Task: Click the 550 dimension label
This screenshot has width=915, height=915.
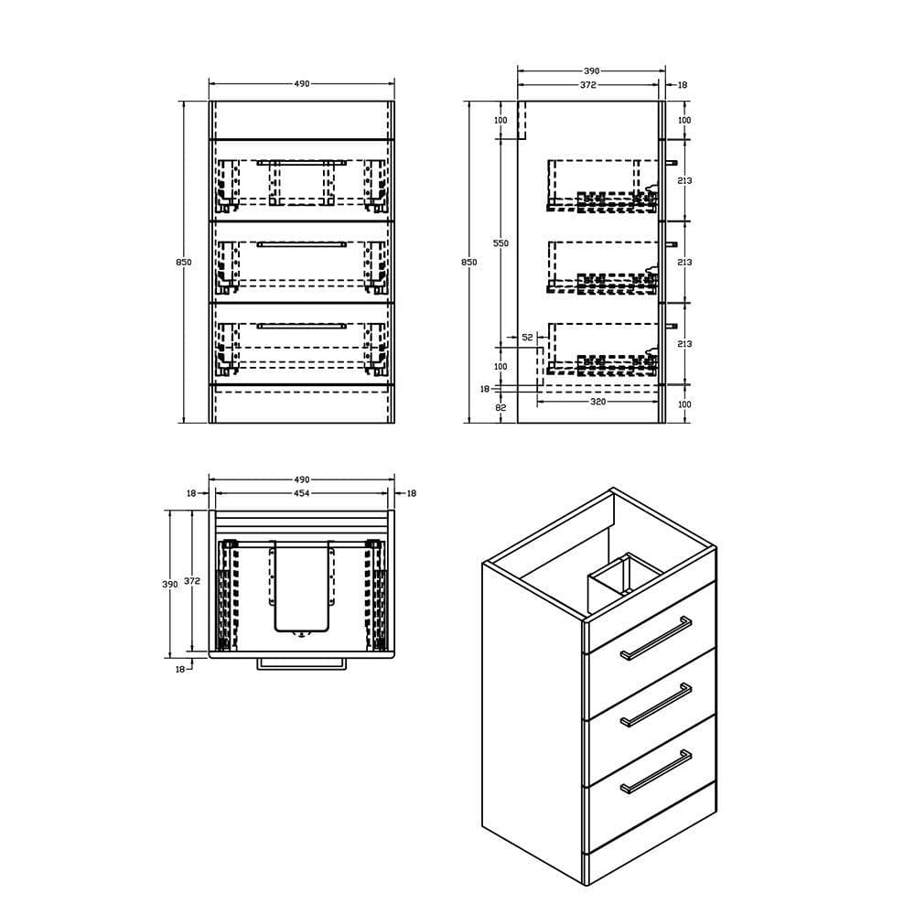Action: pyautogui.click(x=500, y=243)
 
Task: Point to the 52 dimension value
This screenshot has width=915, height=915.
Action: pyautogui.click(x=528, y=338)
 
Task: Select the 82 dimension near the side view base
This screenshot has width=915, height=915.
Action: pyautogui.click(x=501, y=407)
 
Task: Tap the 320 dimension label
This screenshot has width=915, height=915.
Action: pyautogui.click(x=597, y=402)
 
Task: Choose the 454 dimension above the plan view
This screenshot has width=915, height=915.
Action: pyautogui.click(x=301, y=493)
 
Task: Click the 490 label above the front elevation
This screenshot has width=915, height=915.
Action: pyautogui.click(x=301, y=84)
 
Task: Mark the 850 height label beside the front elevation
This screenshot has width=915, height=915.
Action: pyautogui.click(x=184, y=262)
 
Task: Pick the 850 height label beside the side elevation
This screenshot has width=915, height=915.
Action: pyautogui.click(x=469, y=262)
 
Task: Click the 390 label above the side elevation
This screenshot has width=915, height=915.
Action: pyautogui.click(x=591, y=70)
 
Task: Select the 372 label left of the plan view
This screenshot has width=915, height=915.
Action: pyautogui.click(x=192, y=581)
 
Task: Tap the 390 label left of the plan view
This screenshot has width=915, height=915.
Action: pyautogui.click(x=170, y=584)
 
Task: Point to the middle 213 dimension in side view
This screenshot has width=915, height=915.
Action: pyautogui.click(x=685, y=263)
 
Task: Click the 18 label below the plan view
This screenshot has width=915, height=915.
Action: pyautogui.click(x=180, y=669)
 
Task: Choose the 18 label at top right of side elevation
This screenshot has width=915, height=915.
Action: pyautogui.click(x=682, y=85)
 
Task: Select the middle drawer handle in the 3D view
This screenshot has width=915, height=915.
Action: pyautogui.click(x=656, y=704)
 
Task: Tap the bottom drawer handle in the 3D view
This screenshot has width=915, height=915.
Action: pyautogui.click(x=656, y=771)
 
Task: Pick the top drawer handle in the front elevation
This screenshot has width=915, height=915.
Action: pyautogui.click(x=301, y=163)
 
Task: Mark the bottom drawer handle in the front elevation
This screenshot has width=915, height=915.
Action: pyautogui.click(x=301, y=325)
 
